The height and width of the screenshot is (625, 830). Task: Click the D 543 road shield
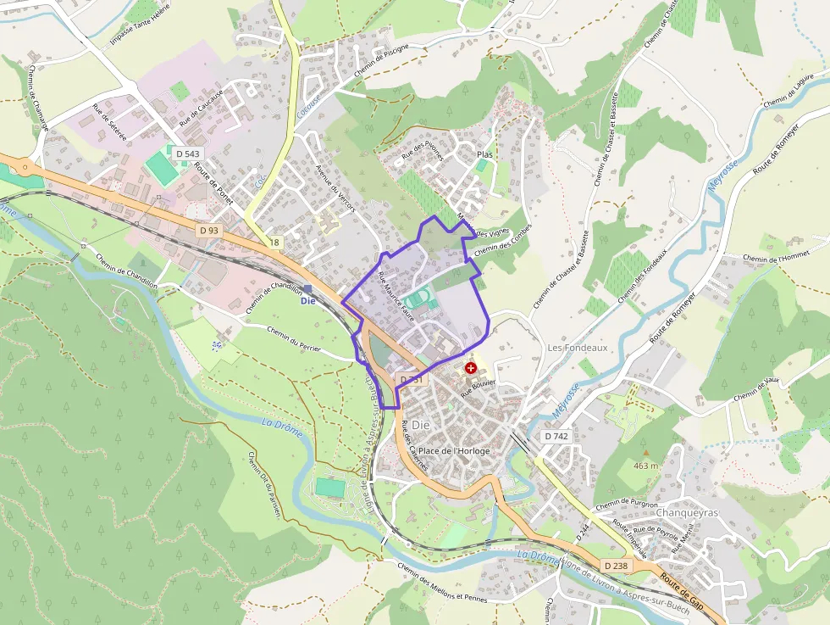[x=186, y=153]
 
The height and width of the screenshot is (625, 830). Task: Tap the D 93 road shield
[x=209, y=230]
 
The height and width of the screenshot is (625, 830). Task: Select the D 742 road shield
[x=556, y=435]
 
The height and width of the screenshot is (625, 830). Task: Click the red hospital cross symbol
[x=470, y=369]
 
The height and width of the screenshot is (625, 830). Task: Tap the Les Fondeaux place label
[x=578, y=348]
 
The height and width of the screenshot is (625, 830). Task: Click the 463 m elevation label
[x=645, y=466]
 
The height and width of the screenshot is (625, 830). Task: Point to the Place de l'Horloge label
[x=454, y=450]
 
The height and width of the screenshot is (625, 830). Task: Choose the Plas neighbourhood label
[x=484, y=154]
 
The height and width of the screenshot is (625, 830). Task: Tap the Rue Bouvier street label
[x=478, y=388]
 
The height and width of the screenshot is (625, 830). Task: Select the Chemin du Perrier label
[x=294, y=340]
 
